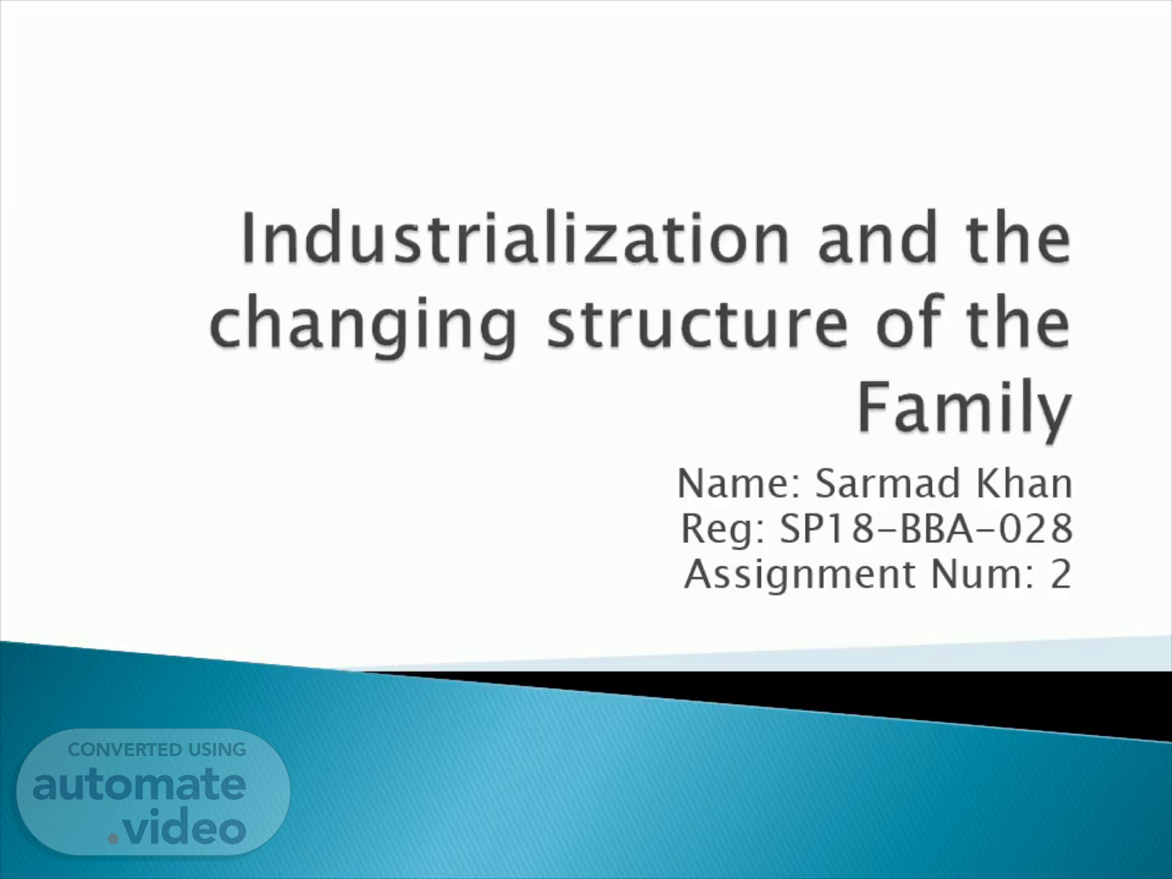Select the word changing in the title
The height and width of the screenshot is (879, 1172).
(x=363, y=326)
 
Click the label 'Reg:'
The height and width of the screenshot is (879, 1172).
(x=724, y=529)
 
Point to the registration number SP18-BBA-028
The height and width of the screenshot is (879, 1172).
(x=926, y=529)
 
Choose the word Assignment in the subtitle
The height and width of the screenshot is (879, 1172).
(x=800, y=575)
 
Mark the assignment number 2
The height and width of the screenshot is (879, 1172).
(x=1061, y=575)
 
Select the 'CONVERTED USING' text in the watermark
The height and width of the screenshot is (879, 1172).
(x=157, y=750)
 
